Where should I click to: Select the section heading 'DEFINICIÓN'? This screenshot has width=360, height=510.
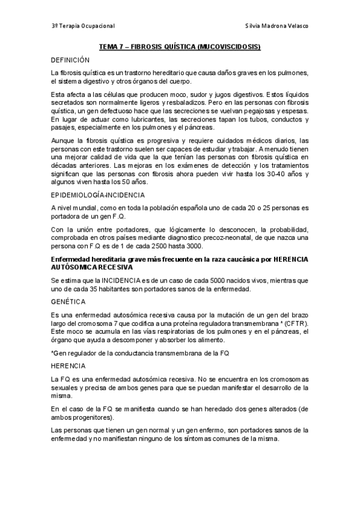pyautogui.click(x=70, y=60)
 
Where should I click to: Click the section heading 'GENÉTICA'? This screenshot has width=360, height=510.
pyautogui.click(x=67, y=301)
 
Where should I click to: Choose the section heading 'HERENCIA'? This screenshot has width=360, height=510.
pyautogui.click(x=68, y=365)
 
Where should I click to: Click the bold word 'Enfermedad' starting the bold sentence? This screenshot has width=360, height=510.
pyautogui.click(x=70, y=259)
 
